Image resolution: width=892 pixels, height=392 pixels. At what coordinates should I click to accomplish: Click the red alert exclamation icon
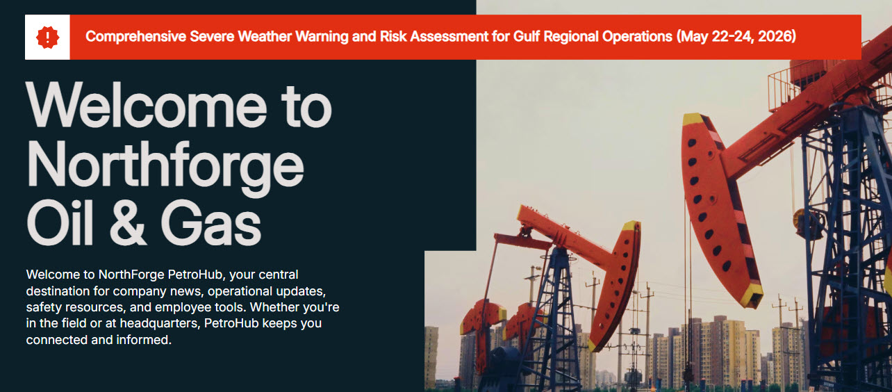[x=47, y=37]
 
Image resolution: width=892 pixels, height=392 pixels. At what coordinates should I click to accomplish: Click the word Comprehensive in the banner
[x=135, y=37]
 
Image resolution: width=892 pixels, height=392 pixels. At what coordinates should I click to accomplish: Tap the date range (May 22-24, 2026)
[x=736, y=36]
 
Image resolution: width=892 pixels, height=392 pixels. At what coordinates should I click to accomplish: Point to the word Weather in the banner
[x=265, y=36]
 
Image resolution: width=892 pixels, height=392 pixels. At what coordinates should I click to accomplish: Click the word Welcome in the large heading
[x=147, y=105]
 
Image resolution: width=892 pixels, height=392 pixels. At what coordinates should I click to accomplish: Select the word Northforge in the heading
[x=165, y=168]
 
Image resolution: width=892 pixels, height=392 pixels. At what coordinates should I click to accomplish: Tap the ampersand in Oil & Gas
[x=127, y=222]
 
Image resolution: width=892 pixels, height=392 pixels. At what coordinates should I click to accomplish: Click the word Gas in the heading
[x=211, y=222]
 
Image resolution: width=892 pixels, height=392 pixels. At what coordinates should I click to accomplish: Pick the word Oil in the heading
[x=60, y=222]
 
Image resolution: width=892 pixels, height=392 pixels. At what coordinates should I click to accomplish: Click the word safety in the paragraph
[x=43, y=307]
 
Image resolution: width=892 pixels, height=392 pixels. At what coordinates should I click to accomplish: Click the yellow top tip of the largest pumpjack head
[x=693, y=119]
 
